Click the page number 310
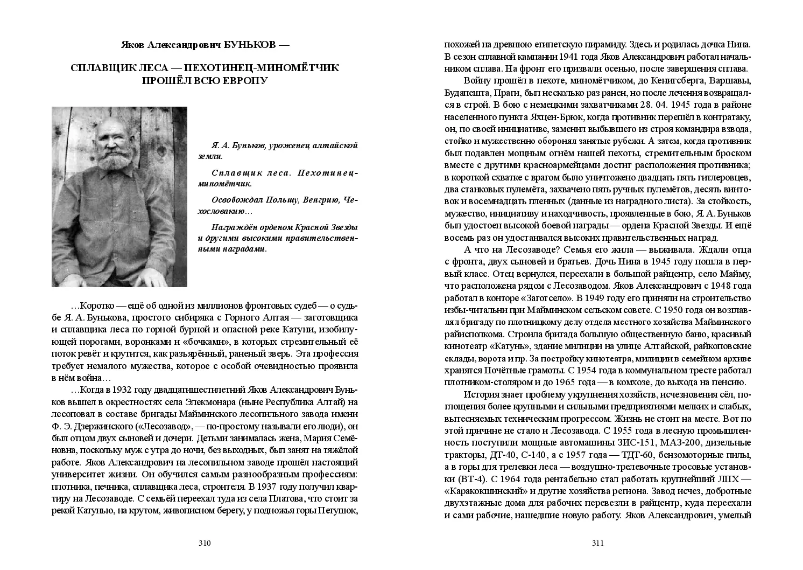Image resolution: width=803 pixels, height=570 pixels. (x=204, y=543)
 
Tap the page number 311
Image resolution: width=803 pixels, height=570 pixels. (x=598, y=543)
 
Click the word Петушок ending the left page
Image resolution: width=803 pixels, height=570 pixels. (x=338, y=509)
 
